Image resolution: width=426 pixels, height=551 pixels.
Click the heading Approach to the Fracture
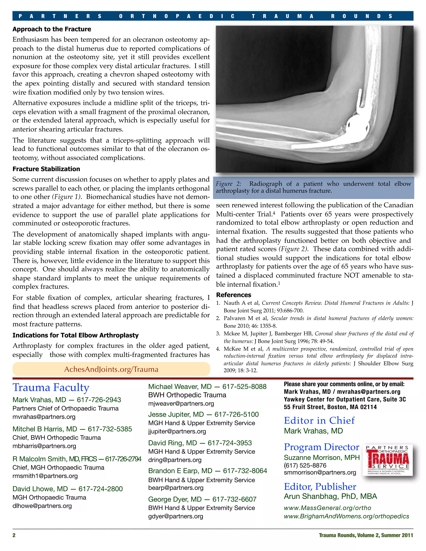pos(52,29)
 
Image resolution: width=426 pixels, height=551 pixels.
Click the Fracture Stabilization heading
pos(46,169)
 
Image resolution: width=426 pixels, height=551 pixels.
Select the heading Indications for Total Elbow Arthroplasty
pos(76,335)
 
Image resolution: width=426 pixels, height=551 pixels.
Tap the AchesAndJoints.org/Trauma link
pos(111,369)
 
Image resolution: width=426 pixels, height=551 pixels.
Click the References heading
pos(233,295)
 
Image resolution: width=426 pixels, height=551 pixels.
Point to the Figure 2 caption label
pos(228,184)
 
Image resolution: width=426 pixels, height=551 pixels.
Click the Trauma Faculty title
pos(51,388)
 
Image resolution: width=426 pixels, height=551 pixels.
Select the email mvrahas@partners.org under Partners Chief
pos(44,417)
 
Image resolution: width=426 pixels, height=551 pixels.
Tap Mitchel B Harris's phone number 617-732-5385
pos(110,429)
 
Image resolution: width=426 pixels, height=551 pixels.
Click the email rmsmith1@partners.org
pos(45,476)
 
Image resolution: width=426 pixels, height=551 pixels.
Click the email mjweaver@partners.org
pos(181,404)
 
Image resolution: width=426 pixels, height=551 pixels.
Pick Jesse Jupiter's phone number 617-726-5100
pos(237,415)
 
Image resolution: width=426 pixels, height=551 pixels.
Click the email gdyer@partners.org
pos(176,516)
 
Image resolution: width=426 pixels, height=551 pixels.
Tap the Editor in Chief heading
pos(319,421)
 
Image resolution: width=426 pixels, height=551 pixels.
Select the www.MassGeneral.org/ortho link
pos(327,508)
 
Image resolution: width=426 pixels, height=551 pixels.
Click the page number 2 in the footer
pos(14,535)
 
